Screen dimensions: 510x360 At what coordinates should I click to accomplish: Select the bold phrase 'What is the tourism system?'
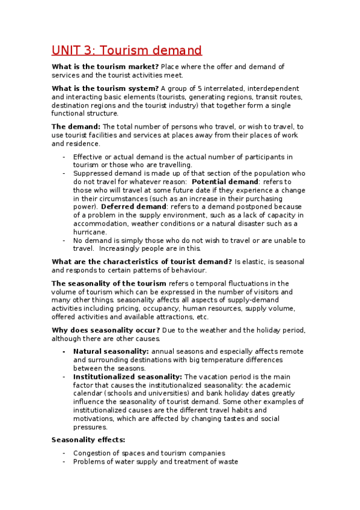(x=105, y=88)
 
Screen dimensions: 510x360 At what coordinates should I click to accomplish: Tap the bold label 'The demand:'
(x=76, y=126)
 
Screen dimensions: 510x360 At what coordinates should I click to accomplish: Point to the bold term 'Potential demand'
(x=225, y=182)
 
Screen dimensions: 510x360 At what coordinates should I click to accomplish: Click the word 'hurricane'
(x=90, y=232)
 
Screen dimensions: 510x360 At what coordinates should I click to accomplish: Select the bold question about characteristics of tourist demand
(x=142, y=262)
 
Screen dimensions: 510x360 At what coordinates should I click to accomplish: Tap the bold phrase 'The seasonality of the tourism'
(x=109, y=283)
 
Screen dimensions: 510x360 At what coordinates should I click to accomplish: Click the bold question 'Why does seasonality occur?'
(x=106, y=330)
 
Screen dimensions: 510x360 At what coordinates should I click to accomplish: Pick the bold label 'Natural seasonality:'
(x=111, y=351)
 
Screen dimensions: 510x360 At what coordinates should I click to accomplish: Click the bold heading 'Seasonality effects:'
(x=88, y=440)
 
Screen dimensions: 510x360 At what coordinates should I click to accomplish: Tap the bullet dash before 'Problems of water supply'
(x=64, y=462)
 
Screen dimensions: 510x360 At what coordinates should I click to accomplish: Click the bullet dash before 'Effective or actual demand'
(x=64, y=157)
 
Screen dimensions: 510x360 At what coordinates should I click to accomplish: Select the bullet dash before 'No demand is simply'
(x=64, y=241)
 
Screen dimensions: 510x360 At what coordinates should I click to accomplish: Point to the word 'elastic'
(x=256, y=262)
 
